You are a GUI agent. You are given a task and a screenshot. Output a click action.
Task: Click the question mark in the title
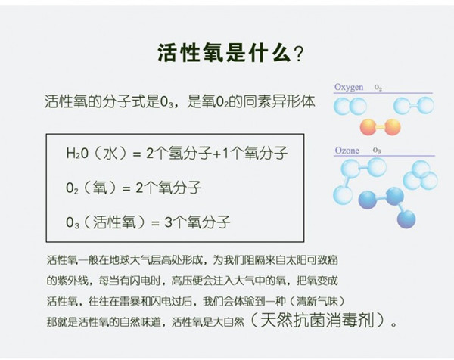pos(298,54)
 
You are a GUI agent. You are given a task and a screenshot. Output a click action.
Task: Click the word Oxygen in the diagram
pos(349,88)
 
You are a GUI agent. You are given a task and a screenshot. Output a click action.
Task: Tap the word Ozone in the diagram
pos(347,151)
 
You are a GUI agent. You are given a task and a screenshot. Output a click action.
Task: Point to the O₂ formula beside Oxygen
pos(378,88)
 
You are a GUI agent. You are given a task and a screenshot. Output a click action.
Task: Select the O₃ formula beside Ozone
pos(377,151)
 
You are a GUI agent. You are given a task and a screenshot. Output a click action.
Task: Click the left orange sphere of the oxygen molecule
pos(368,127)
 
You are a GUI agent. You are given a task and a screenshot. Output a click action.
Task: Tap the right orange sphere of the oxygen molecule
pos(392,127)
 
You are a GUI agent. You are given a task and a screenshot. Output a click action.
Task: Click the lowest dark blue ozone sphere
pos(406,219)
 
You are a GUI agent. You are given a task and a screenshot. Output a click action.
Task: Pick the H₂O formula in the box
pos(77,153)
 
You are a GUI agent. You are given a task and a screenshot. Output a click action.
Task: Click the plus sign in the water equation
pos(217,154)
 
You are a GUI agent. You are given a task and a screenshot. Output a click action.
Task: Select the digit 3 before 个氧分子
pos(169,222)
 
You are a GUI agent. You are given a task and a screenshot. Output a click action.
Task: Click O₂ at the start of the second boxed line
pos(72,188)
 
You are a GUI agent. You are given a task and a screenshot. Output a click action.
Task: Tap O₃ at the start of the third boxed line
pos(73,223)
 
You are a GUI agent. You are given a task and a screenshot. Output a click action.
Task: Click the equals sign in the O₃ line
pos(156,223)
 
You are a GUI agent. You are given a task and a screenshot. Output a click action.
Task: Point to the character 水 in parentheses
pos(110,153)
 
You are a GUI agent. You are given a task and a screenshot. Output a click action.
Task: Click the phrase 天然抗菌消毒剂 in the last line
pos(318,320)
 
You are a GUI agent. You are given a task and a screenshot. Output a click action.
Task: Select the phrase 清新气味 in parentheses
pos(317,302)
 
